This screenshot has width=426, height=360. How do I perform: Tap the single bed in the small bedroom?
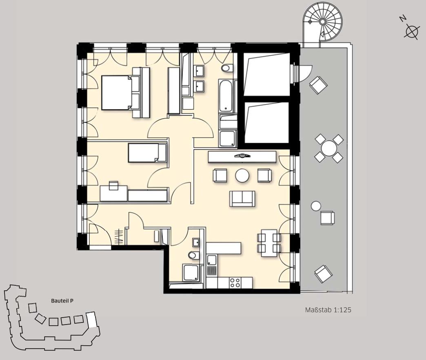click(147, 153)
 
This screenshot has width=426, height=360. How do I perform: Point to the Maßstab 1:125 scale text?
click(328, 310)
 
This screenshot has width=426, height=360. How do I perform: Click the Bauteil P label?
click(62, 301)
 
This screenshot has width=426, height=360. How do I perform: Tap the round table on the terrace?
click(329, 148)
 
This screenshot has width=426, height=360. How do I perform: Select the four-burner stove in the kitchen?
click(235, 283)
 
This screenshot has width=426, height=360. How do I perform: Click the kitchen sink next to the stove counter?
click(211, 260)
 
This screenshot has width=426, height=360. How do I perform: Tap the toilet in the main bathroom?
click(227, 68)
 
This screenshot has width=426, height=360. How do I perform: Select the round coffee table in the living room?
click(242, 175)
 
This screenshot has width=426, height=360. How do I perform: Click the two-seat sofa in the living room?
click(242, 199)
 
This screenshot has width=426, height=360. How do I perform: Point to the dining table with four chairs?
click(269, 243)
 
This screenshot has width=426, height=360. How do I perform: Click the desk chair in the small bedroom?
click(113, 186)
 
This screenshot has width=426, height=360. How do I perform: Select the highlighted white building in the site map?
click(91, 320)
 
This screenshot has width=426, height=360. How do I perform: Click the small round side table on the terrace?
click(316, 206)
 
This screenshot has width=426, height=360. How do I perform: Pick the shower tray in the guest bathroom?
click(191, 273)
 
